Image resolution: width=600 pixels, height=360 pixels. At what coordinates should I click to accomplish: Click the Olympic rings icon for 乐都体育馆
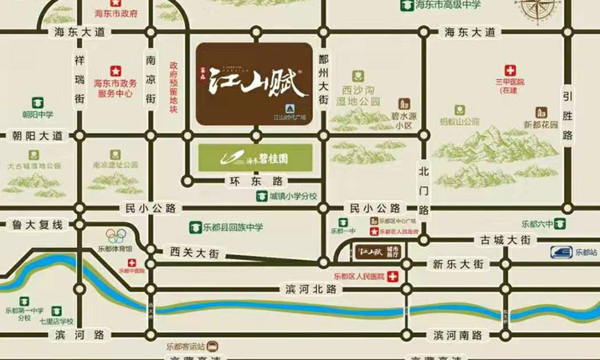117,235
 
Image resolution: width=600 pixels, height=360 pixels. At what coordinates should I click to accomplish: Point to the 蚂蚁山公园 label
459,122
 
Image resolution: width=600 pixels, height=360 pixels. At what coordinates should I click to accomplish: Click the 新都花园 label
539,125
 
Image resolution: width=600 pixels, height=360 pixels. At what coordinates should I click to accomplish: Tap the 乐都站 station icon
564,253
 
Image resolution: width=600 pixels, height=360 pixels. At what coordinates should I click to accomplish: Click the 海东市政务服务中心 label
116,87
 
